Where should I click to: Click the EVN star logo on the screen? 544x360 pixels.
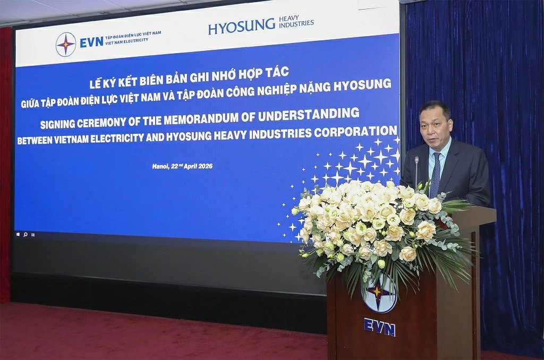click(65, 45)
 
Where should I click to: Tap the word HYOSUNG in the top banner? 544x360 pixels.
click(241, 25)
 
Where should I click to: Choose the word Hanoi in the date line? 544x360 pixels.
click(161, 166)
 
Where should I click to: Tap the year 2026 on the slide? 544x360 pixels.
click(205, 166)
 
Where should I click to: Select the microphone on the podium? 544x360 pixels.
click(416, 170)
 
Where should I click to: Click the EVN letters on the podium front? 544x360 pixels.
click(379, 327)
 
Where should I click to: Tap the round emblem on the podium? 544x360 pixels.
click(379, 293)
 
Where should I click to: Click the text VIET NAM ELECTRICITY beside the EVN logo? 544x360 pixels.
click(127, 41)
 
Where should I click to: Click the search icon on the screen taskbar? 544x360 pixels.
click(25, 234)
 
